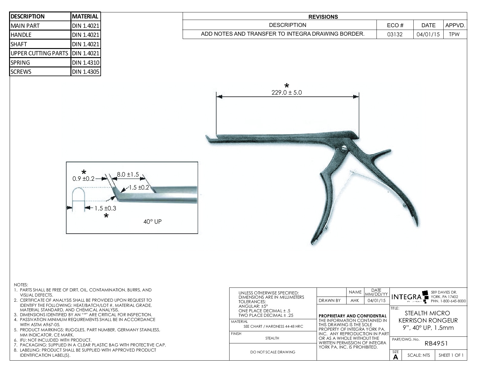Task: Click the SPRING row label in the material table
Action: [x=20, y=63]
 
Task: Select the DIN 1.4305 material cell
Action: [x=86, y=72]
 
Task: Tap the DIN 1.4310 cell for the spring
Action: [x=86, y=63]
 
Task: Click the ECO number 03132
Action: [x=395, y=34]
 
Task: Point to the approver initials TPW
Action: [x=454, y=34]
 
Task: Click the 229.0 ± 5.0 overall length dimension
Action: [x=287, y=92]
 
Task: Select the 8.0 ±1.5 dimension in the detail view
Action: [x=128, y=174]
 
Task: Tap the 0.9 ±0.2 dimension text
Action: [x=83, y=179]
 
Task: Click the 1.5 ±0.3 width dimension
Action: [x=105, y=208]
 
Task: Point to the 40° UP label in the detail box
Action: [x=152, y=222]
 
